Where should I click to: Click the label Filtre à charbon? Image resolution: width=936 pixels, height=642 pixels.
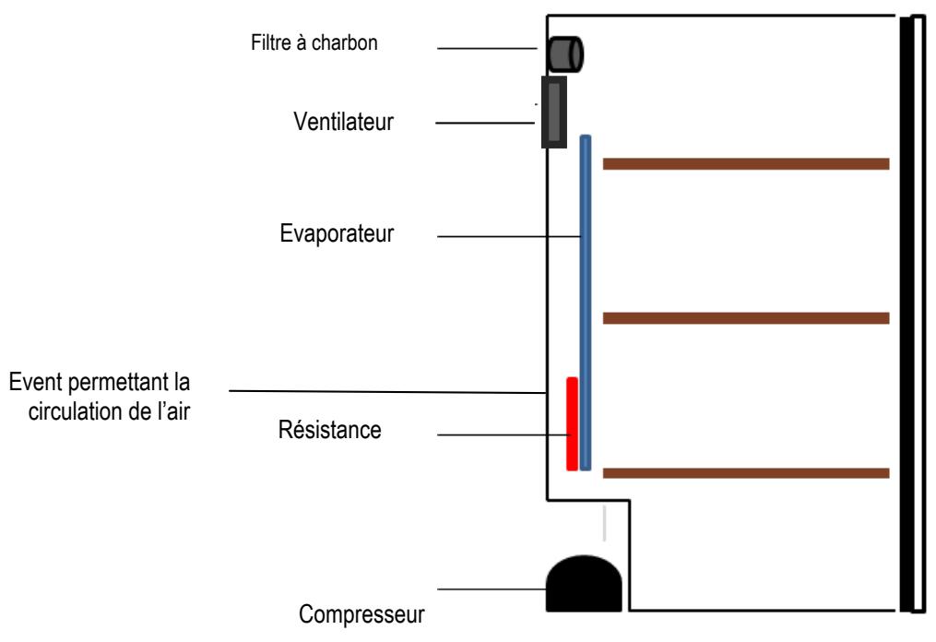[x=314, y=43]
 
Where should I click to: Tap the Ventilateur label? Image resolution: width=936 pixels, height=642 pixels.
[x=343, y=122]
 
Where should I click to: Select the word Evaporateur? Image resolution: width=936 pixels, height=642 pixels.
[x=337, y=233]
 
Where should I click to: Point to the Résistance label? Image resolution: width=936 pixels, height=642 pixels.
[x=329, y=430]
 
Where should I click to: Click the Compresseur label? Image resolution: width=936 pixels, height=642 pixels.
[x=361, y=614]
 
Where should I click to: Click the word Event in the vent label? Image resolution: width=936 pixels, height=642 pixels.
[x=36, y=382]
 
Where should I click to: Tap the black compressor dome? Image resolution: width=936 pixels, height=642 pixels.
[x=584, y=584]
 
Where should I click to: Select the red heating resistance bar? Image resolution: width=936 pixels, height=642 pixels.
[x=572, y=423]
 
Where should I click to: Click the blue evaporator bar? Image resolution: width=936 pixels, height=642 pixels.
[x=586, y=303]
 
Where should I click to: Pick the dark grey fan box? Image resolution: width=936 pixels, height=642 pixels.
[x=554, y=112]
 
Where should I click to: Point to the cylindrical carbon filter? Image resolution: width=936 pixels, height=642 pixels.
[x=565, y=55]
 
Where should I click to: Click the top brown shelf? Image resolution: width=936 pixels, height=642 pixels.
[x=746, y=163]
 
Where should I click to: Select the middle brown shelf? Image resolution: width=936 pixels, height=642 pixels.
[x=746, y=318]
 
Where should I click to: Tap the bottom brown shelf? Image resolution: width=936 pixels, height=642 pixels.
[x=746, y=473]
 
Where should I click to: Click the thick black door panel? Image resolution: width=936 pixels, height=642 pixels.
[x=906, y=315]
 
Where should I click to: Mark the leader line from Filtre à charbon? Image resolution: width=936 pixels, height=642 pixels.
[x=487, y=48]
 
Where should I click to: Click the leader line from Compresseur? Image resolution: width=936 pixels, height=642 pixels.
[x=492, y=589]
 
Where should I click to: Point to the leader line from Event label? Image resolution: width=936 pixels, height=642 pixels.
[x=388, y=392]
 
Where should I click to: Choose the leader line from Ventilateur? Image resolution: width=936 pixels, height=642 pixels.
[x=485, y=123]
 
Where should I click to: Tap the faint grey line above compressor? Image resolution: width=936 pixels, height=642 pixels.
[x=605, y=523]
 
